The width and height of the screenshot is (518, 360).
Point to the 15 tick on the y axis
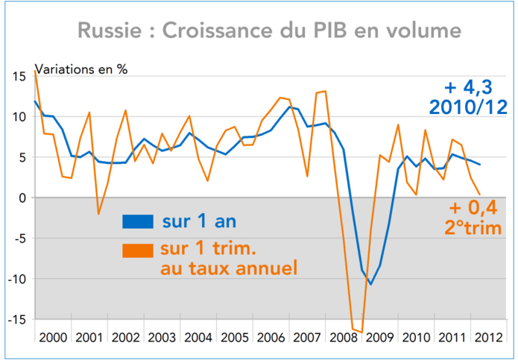(x=19, y=76)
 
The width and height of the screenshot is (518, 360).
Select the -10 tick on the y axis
(x=16, y=279)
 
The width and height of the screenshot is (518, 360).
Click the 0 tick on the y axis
(x=23, y=198)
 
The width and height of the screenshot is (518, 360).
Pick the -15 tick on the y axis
(x=16, y=319)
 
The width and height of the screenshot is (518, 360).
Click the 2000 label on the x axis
(x=54, y=337)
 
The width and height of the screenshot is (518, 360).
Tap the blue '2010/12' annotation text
(x=469, y=106)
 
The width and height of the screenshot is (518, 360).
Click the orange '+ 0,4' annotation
(x=474, y=209)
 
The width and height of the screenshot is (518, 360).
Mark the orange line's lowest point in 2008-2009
(x=361, y=332)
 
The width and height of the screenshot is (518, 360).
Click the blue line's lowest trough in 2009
(x=370, y=284)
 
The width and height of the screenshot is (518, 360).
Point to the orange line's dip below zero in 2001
(x=98, y=214)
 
